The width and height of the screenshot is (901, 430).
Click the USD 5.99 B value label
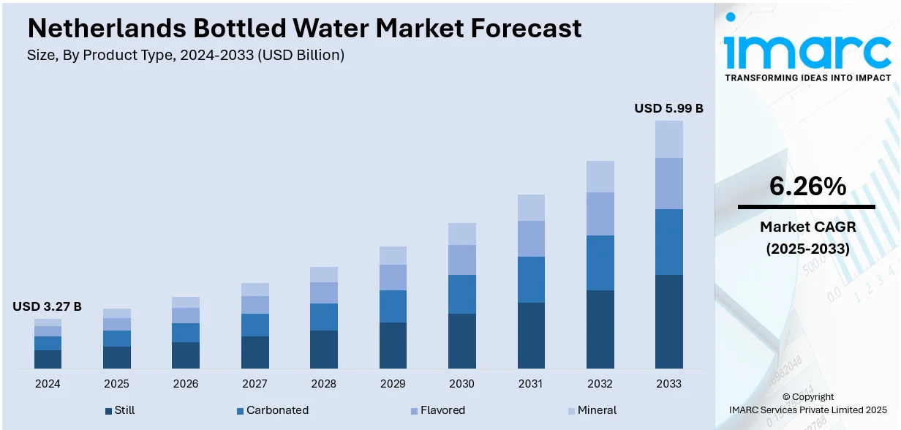click(668, 108)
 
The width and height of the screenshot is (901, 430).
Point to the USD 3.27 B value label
click(47, 306)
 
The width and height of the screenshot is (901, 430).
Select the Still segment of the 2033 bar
click(668, 321)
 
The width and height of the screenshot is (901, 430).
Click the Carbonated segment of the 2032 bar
click(600, 263)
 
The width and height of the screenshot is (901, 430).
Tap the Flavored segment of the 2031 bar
click(531, 238)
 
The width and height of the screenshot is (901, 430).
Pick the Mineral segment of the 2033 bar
click(668, 139)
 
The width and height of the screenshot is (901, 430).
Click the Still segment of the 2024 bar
click(48, 359)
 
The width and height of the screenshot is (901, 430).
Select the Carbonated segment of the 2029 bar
click(393, 306)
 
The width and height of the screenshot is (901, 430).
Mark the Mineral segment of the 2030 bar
click(461, 234)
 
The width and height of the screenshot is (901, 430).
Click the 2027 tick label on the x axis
click(255, 384)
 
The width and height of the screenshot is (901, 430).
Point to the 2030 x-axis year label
click(461, 384)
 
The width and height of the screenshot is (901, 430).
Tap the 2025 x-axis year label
click(116, 384)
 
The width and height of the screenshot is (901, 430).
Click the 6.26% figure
click(807, 187)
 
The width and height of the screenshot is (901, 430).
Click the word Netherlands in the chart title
click(105, 29)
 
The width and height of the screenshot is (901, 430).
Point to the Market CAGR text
click(807, 227)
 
